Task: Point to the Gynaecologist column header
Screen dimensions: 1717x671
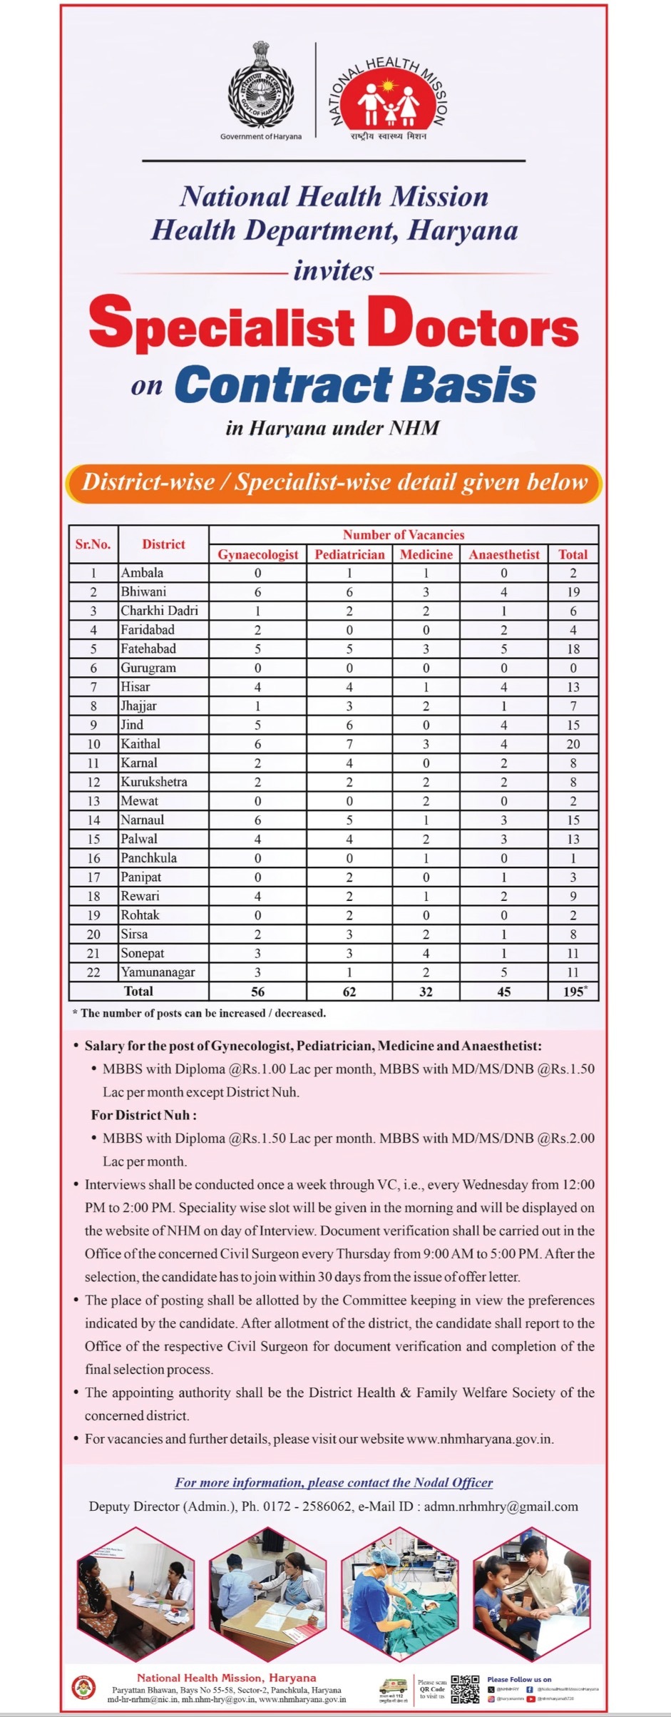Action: pyautogui.click(x=257, y=554)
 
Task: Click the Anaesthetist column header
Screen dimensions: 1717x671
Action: pyautogui.click(x=503, y=554)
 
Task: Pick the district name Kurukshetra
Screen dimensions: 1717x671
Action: pyautogui.click(x=154, y=782)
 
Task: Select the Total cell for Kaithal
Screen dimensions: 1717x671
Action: pyautogui.click(x=573, y=744)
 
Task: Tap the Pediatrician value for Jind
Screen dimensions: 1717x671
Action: pyautogui.click(x=349, y=725)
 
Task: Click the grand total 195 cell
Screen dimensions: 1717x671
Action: pyautogui.click(x=573, y=992)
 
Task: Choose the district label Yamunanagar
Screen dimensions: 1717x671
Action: pyautogui.click(x=158, y=972)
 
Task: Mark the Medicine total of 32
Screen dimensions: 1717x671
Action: pyautogui.click(x=426, y=992)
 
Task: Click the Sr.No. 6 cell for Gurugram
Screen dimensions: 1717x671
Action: pyautogui.click(x=93, y=668)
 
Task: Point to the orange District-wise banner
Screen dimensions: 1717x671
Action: pyautogui.click(x=334, y=483)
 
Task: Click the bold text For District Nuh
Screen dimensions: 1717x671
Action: pyautogui.click(x=143, y=1115)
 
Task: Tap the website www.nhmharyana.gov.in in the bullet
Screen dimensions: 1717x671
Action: pyautogui.click(x=479, y=1439)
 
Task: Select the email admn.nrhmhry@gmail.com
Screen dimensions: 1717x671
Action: pyautogui.click(x=501, y=1507)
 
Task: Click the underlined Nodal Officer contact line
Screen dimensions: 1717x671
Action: pyautogui.click(x=334, y=1482)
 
